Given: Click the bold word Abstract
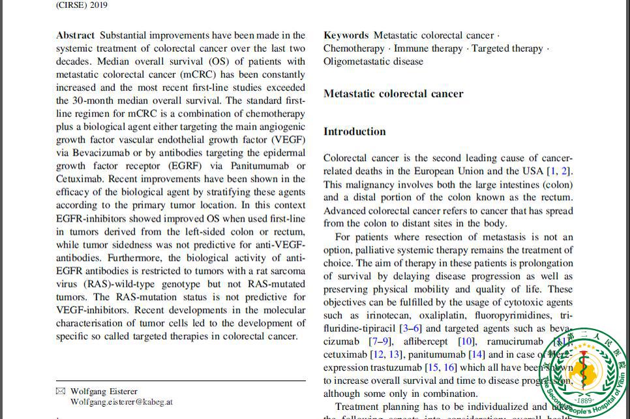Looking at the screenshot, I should [x=76, y=35].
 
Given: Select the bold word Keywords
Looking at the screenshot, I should [x=346, y=35].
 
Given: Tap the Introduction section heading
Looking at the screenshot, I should [x=355, y=131].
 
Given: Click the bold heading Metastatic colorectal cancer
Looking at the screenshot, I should [x=393, y=93].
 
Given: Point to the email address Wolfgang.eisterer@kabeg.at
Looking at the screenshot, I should [x=121, y=402].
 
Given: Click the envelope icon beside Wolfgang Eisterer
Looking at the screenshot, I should [x=61, y=392].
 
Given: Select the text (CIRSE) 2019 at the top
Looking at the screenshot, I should [x=82, y=5].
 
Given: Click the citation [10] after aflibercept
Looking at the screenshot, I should [x=466, y=341].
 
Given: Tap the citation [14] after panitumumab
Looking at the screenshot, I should [x=477, y=354].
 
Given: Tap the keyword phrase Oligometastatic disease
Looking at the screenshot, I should [x=373, y=61].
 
